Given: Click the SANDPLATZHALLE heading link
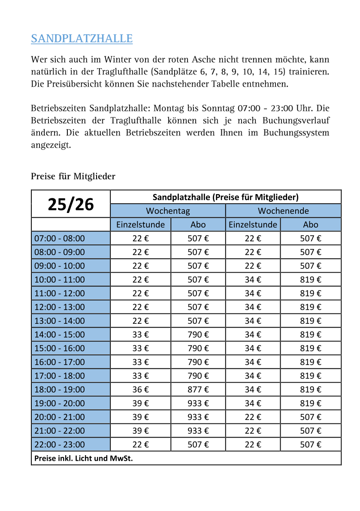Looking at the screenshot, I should (82, 39).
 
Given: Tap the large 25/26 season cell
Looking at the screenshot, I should (71, 204).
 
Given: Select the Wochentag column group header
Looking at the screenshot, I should (168, 211).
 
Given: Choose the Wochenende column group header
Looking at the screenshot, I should (283, 211).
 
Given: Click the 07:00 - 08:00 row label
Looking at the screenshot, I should (60, 238).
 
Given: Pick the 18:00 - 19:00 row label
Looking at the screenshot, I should (60, 389).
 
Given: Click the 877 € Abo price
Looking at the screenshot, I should (198, 389).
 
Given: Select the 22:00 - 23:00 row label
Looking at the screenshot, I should (60, 444).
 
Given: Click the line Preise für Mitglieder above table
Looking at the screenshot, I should (73, 176).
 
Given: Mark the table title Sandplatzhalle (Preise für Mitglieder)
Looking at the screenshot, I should (226, 197).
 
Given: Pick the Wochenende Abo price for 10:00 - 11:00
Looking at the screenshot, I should (311, 280).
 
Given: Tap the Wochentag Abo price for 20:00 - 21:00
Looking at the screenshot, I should (198, 417).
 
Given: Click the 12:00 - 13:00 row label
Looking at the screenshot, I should (60, 307).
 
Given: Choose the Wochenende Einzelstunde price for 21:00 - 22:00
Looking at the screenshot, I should (253, 431).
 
